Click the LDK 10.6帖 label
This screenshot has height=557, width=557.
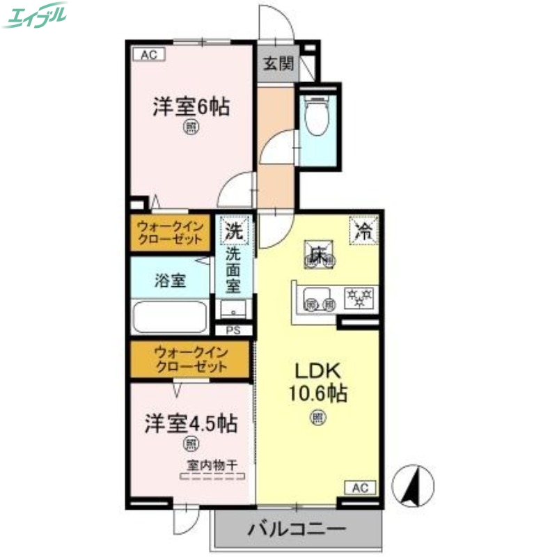point(318,382)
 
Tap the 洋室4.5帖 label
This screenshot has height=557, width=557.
point(191,423)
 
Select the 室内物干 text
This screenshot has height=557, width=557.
point(212,466)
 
